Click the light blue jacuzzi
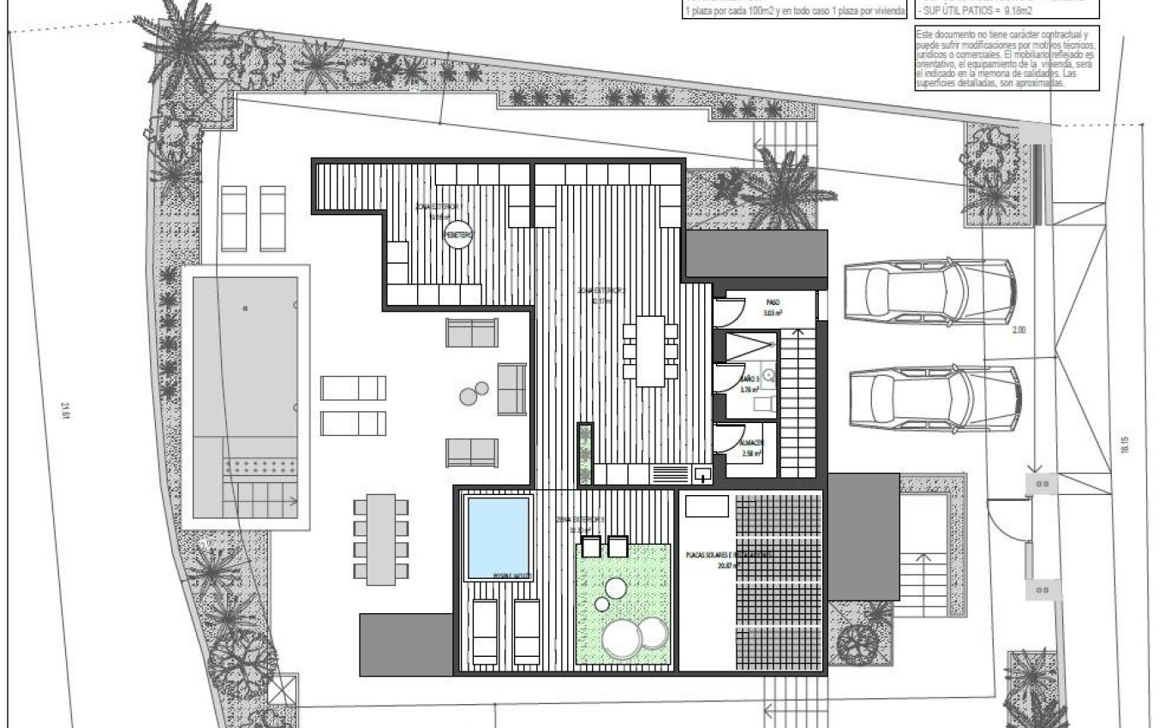[x=498, y=538]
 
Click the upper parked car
[x=929, y=291]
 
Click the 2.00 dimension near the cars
[x=1018, y=330]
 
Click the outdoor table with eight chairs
[x=381, y=539]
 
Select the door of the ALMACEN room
[x=728, y=441]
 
